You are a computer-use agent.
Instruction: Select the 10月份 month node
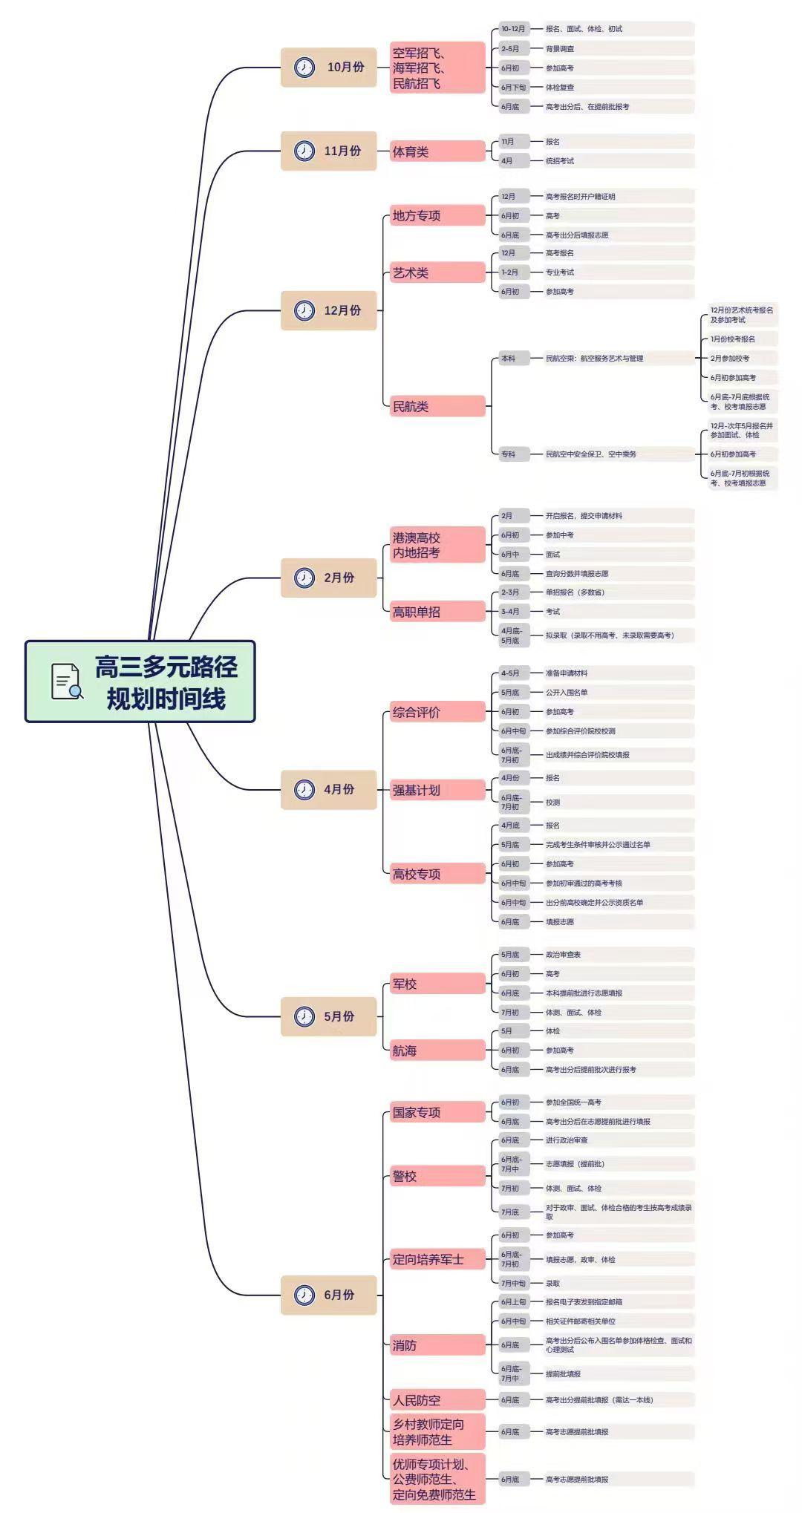point(329,68)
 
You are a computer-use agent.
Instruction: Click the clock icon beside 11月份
point(304,151)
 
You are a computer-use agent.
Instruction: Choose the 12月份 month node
point(329,310)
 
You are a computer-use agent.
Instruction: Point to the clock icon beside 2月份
point(304,578)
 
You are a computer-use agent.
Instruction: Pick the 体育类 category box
point(437,151)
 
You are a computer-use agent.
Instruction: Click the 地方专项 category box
point(437,216)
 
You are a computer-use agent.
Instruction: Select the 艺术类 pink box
point(437,272)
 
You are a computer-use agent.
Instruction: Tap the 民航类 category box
point(437,406)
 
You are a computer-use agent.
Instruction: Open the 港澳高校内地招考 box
point(437,545)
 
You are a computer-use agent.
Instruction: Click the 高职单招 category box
point(437,612)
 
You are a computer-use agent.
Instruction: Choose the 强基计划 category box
point(437,790)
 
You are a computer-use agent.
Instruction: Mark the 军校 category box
point(437,984)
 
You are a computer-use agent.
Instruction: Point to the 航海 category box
point(437,1050)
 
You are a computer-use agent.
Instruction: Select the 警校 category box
point(437,1176)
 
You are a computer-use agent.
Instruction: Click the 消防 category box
point(437,1345)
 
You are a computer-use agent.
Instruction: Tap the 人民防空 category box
point(437,1400)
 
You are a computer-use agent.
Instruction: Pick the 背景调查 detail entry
point(560,49)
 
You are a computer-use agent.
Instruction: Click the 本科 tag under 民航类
point(509,359)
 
